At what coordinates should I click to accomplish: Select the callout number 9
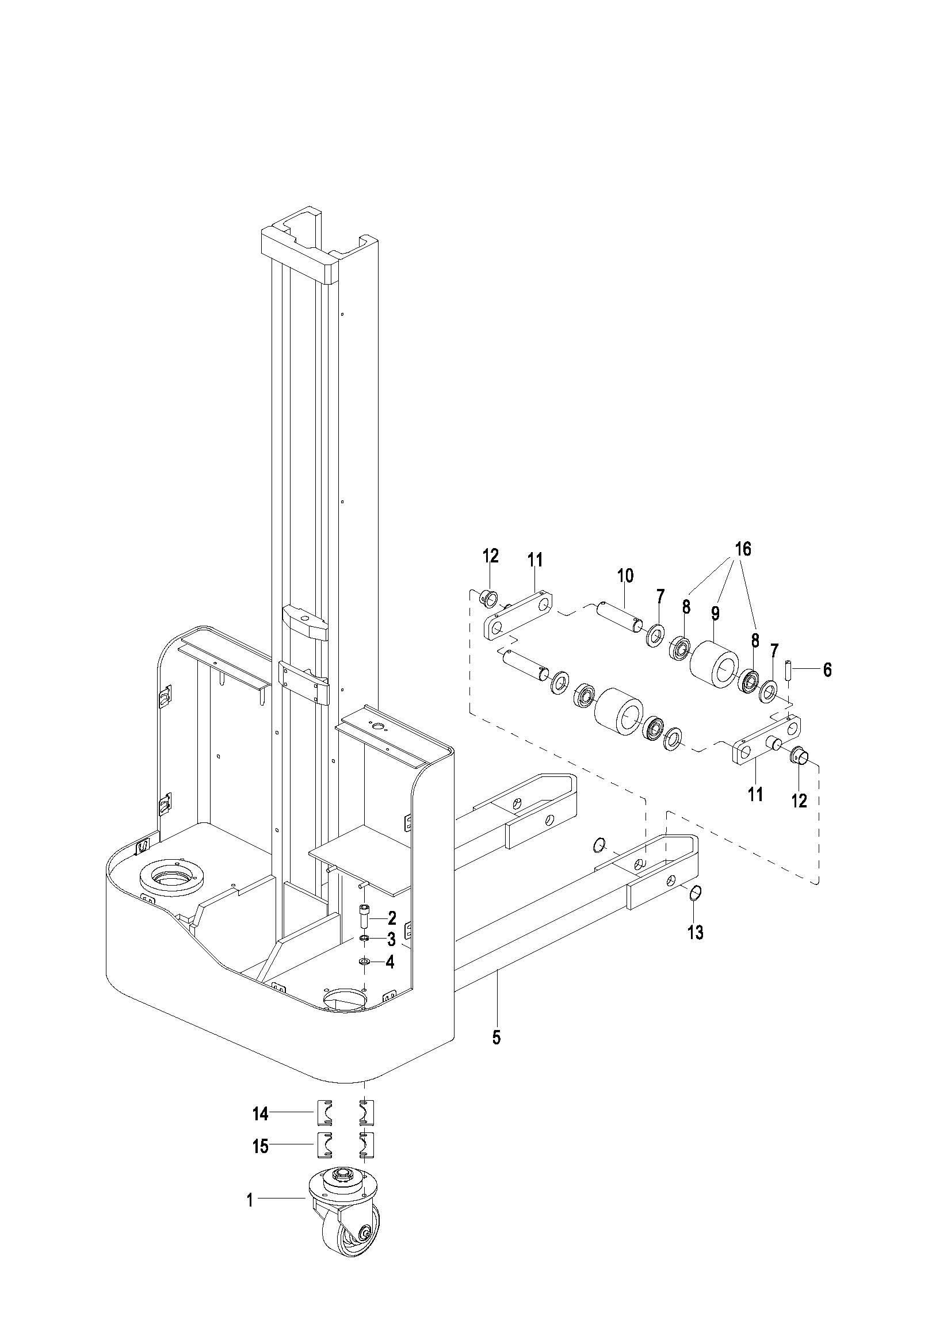coord(715,614)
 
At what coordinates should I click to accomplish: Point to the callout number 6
coord(827,669)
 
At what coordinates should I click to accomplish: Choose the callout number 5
coord(496,1038)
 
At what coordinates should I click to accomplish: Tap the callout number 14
coord(261,1114)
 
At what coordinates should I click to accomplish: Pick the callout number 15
coord(261,1146)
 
